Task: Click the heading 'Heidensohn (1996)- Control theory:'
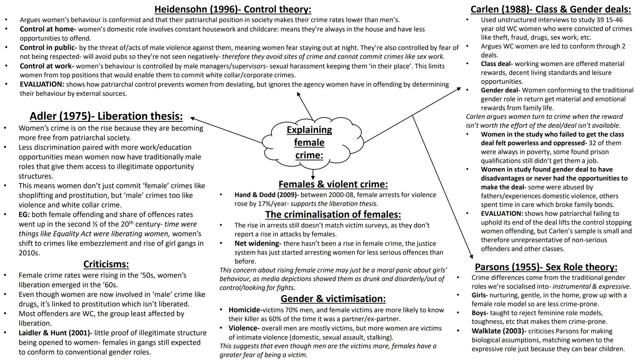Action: click(x=233, y=9)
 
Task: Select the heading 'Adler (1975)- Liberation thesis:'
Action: click(x=106, y=116)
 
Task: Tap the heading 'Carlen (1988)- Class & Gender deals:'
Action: click(x=550, y=9)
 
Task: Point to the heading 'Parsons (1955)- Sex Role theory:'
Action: click(x=546, y=267)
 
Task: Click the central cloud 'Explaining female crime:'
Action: click(x=309, y=142)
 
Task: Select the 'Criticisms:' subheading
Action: click(x=106, y=264)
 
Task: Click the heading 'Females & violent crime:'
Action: click(x=333, y=184)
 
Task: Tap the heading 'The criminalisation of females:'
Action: click(x=333, y=214)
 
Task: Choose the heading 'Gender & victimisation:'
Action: click(x=333, y=298)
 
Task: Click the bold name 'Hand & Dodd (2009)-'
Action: click(x=266, y=195)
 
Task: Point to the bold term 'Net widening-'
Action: click(x=258, y=243)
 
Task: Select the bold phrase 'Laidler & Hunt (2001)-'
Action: click(x=55, y=333)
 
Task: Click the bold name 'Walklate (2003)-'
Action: click(x=499, y=331)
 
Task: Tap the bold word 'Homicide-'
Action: click(x=245, y=310)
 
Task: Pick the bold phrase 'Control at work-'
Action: click(x=47, y=66)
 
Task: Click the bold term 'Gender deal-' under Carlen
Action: click(x=500, y=90)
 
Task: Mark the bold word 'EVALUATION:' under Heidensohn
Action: click(x=42, y=84)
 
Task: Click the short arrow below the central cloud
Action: click(x=313, y=174)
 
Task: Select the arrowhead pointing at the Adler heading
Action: click(x=192, y=118)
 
